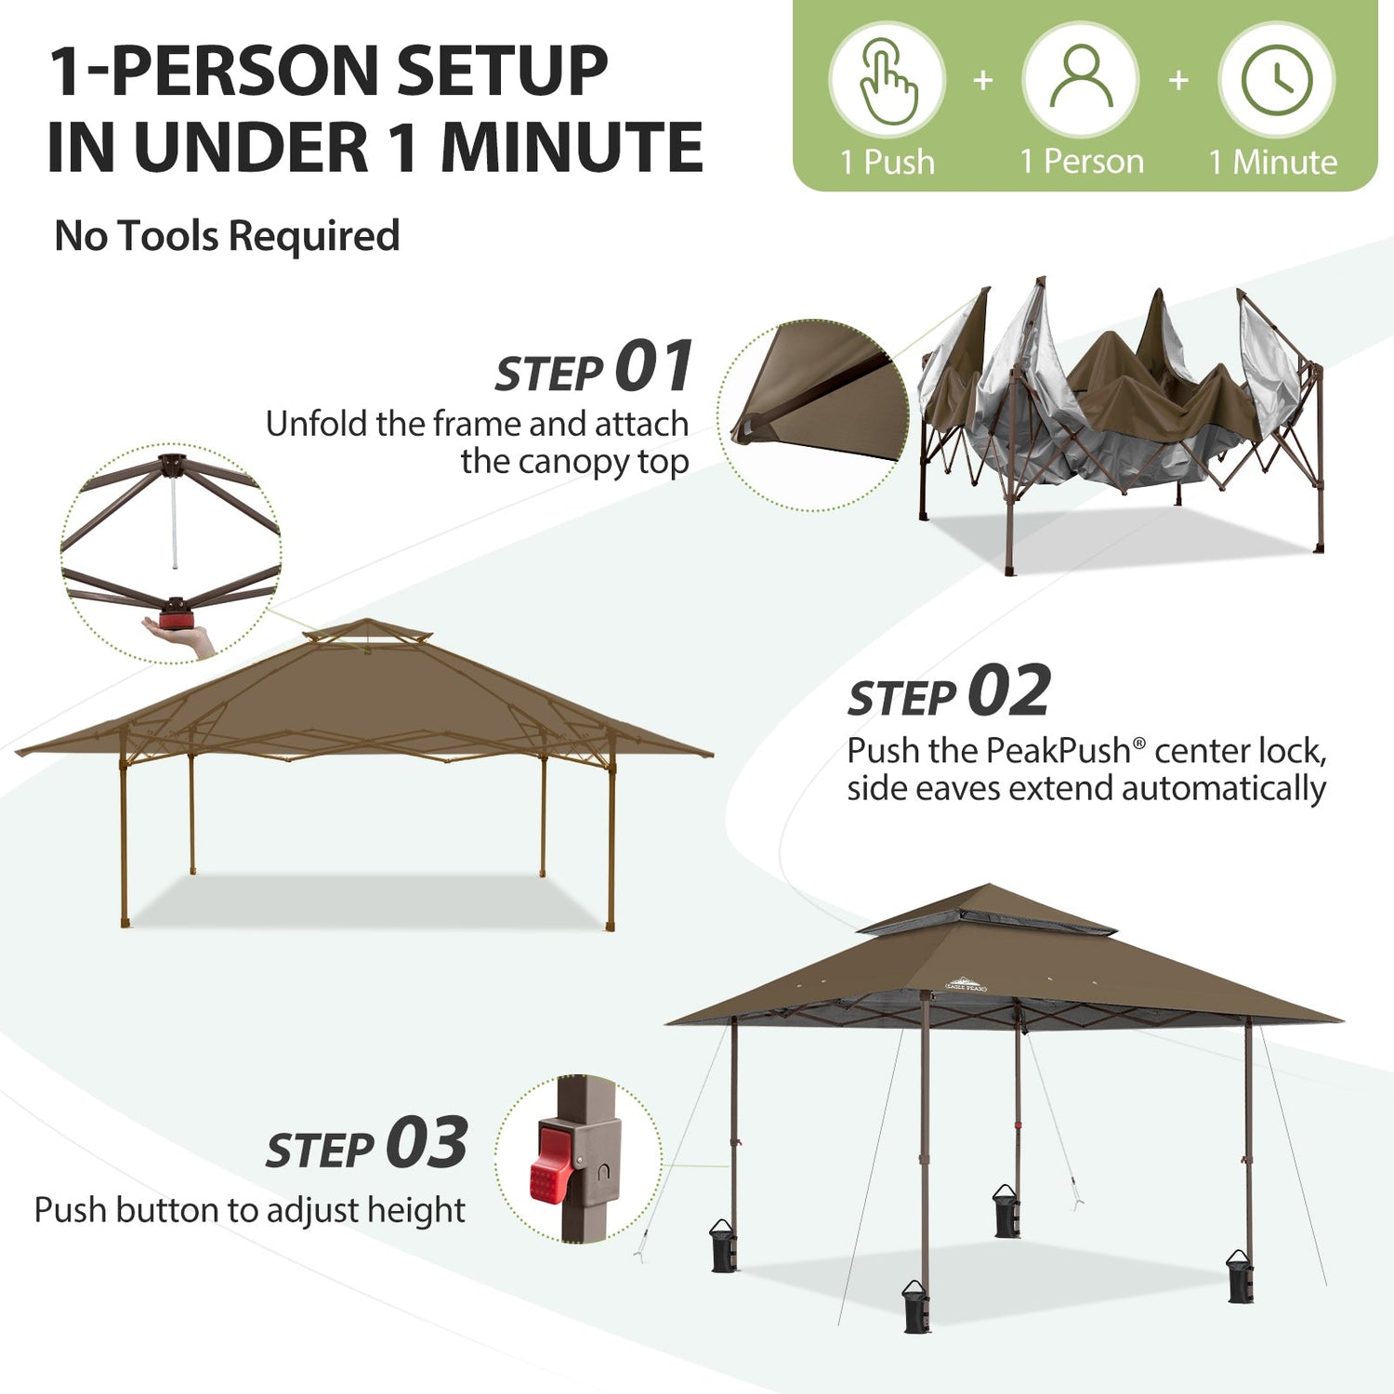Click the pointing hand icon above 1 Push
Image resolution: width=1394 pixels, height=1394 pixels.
point(888,81)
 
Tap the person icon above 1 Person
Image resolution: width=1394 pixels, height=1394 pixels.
point(1081,78)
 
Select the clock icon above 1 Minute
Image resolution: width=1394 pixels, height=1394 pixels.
point(1277,80)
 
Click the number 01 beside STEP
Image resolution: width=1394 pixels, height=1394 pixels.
point(654,366)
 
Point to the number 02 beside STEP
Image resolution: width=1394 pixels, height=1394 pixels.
point(1009,690)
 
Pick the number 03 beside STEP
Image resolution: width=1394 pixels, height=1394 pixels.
point(427,1142)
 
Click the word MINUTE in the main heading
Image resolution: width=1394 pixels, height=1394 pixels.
point(572,148)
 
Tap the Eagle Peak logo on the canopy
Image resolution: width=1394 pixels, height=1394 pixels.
point(966,983)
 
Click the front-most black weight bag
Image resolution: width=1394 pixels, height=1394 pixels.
point(916,1307)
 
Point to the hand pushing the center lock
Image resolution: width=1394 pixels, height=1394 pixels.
point(181,637)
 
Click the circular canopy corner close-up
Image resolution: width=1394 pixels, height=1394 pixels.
point(813,415)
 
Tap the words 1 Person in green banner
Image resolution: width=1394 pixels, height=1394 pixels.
point(1082,163)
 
